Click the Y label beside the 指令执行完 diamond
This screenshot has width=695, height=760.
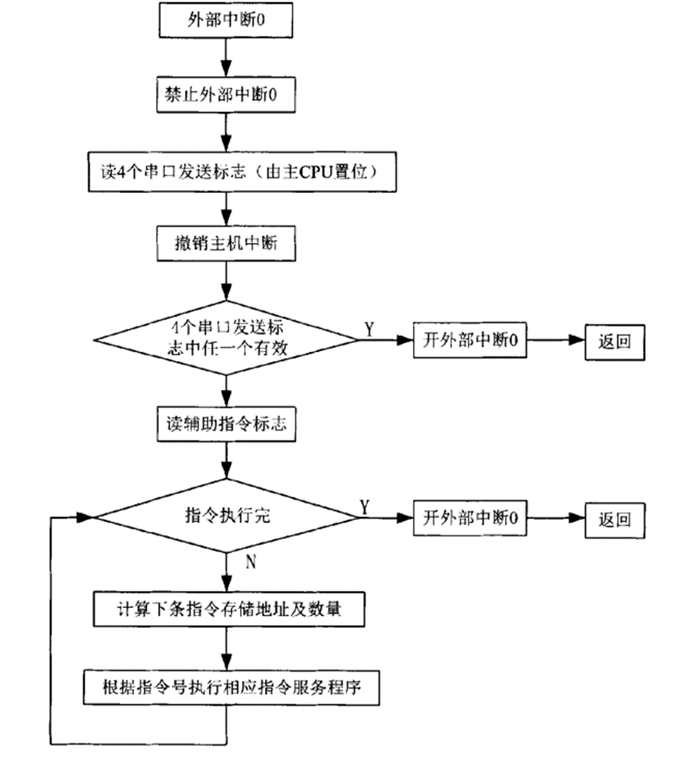pos(365,506)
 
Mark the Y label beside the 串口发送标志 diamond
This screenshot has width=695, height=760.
pos(369,327)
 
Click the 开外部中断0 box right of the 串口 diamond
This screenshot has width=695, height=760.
pos(469,341)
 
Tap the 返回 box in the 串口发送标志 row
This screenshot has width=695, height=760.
pos(614,341)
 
